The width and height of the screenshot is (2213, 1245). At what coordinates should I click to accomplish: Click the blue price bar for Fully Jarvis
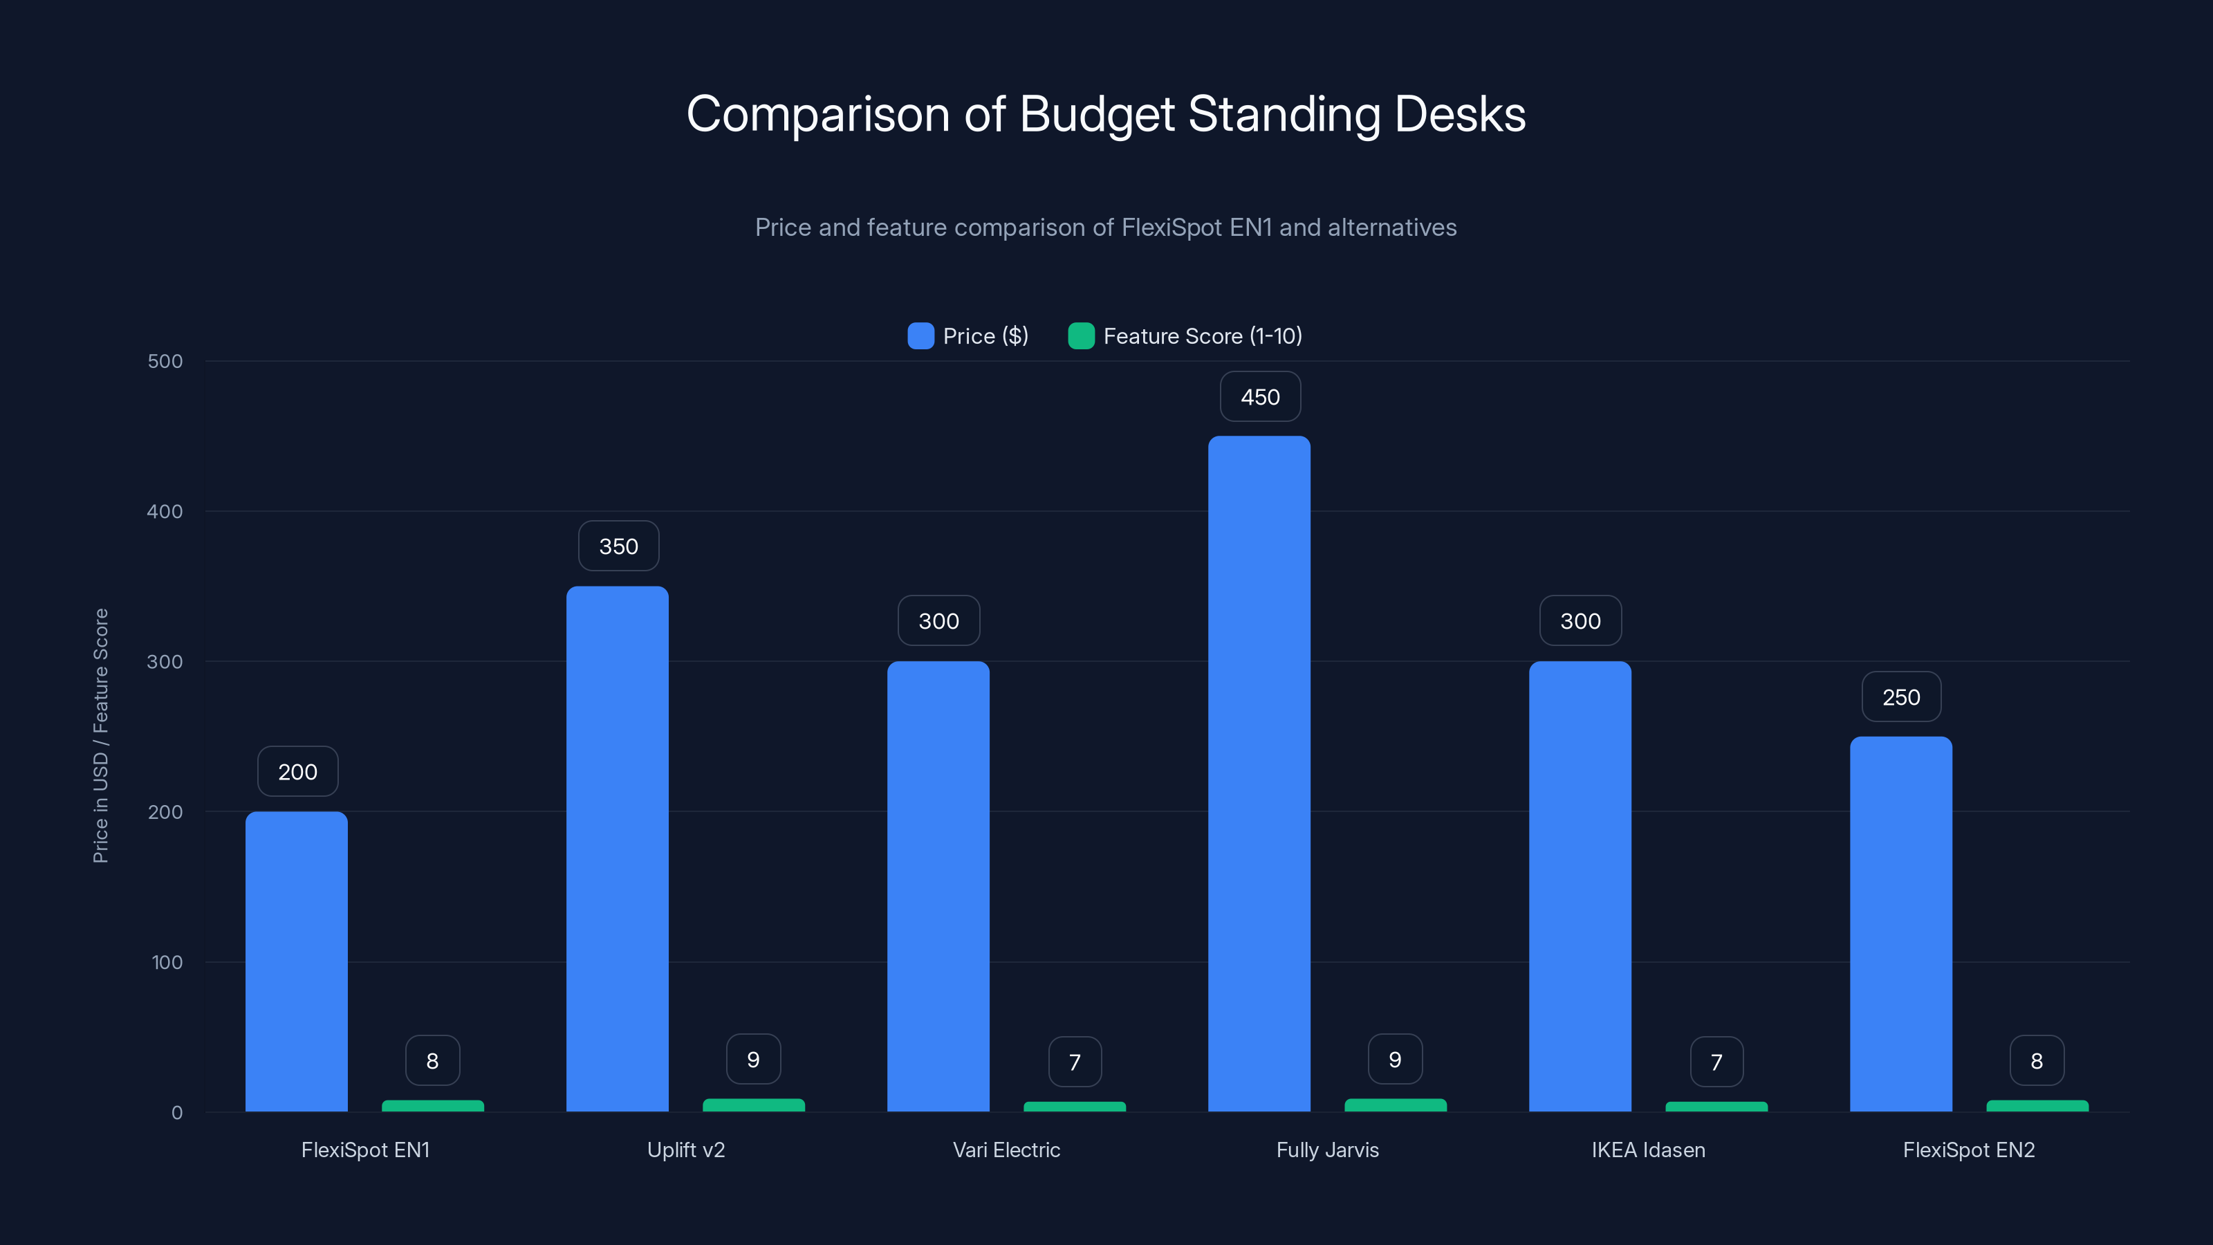point(1259,773)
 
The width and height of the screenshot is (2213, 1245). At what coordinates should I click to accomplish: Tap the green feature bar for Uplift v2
point(753,1105)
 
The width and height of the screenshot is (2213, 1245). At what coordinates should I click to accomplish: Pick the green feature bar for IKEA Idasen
point(1716,1107)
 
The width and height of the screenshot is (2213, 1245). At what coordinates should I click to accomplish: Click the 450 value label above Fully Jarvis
point(1259,397)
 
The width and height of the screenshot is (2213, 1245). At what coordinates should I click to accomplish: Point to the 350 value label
point(618,546)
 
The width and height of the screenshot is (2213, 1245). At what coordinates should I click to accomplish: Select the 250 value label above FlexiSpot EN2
point(1900,697)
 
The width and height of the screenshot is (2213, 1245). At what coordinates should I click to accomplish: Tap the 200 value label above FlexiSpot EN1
point(297,772)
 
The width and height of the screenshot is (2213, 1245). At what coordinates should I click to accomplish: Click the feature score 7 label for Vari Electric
point(1074,1062)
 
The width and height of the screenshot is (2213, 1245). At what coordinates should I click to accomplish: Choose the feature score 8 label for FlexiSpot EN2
point(2036,1061)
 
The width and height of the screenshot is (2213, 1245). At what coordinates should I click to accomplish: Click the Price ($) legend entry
point(968,336)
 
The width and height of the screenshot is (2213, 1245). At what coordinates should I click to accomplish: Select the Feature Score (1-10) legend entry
point(1185,336)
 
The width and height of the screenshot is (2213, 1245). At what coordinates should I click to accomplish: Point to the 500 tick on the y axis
point(165,362)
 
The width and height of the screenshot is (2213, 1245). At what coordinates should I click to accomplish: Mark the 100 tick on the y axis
point(167,962)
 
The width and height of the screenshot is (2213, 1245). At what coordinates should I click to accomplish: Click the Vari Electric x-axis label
point(1006,1150)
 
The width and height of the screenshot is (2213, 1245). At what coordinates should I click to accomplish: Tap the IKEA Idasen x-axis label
point(1648,1150)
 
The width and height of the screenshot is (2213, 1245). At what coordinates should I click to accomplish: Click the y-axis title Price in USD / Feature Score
point(100,735)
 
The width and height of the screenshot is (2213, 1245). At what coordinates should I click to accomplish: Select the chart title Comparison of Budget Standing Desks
point(1106,114)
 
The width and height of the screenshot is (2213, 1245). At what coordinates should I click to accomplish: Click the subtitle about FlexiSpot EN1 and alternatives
point(1106,228)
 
